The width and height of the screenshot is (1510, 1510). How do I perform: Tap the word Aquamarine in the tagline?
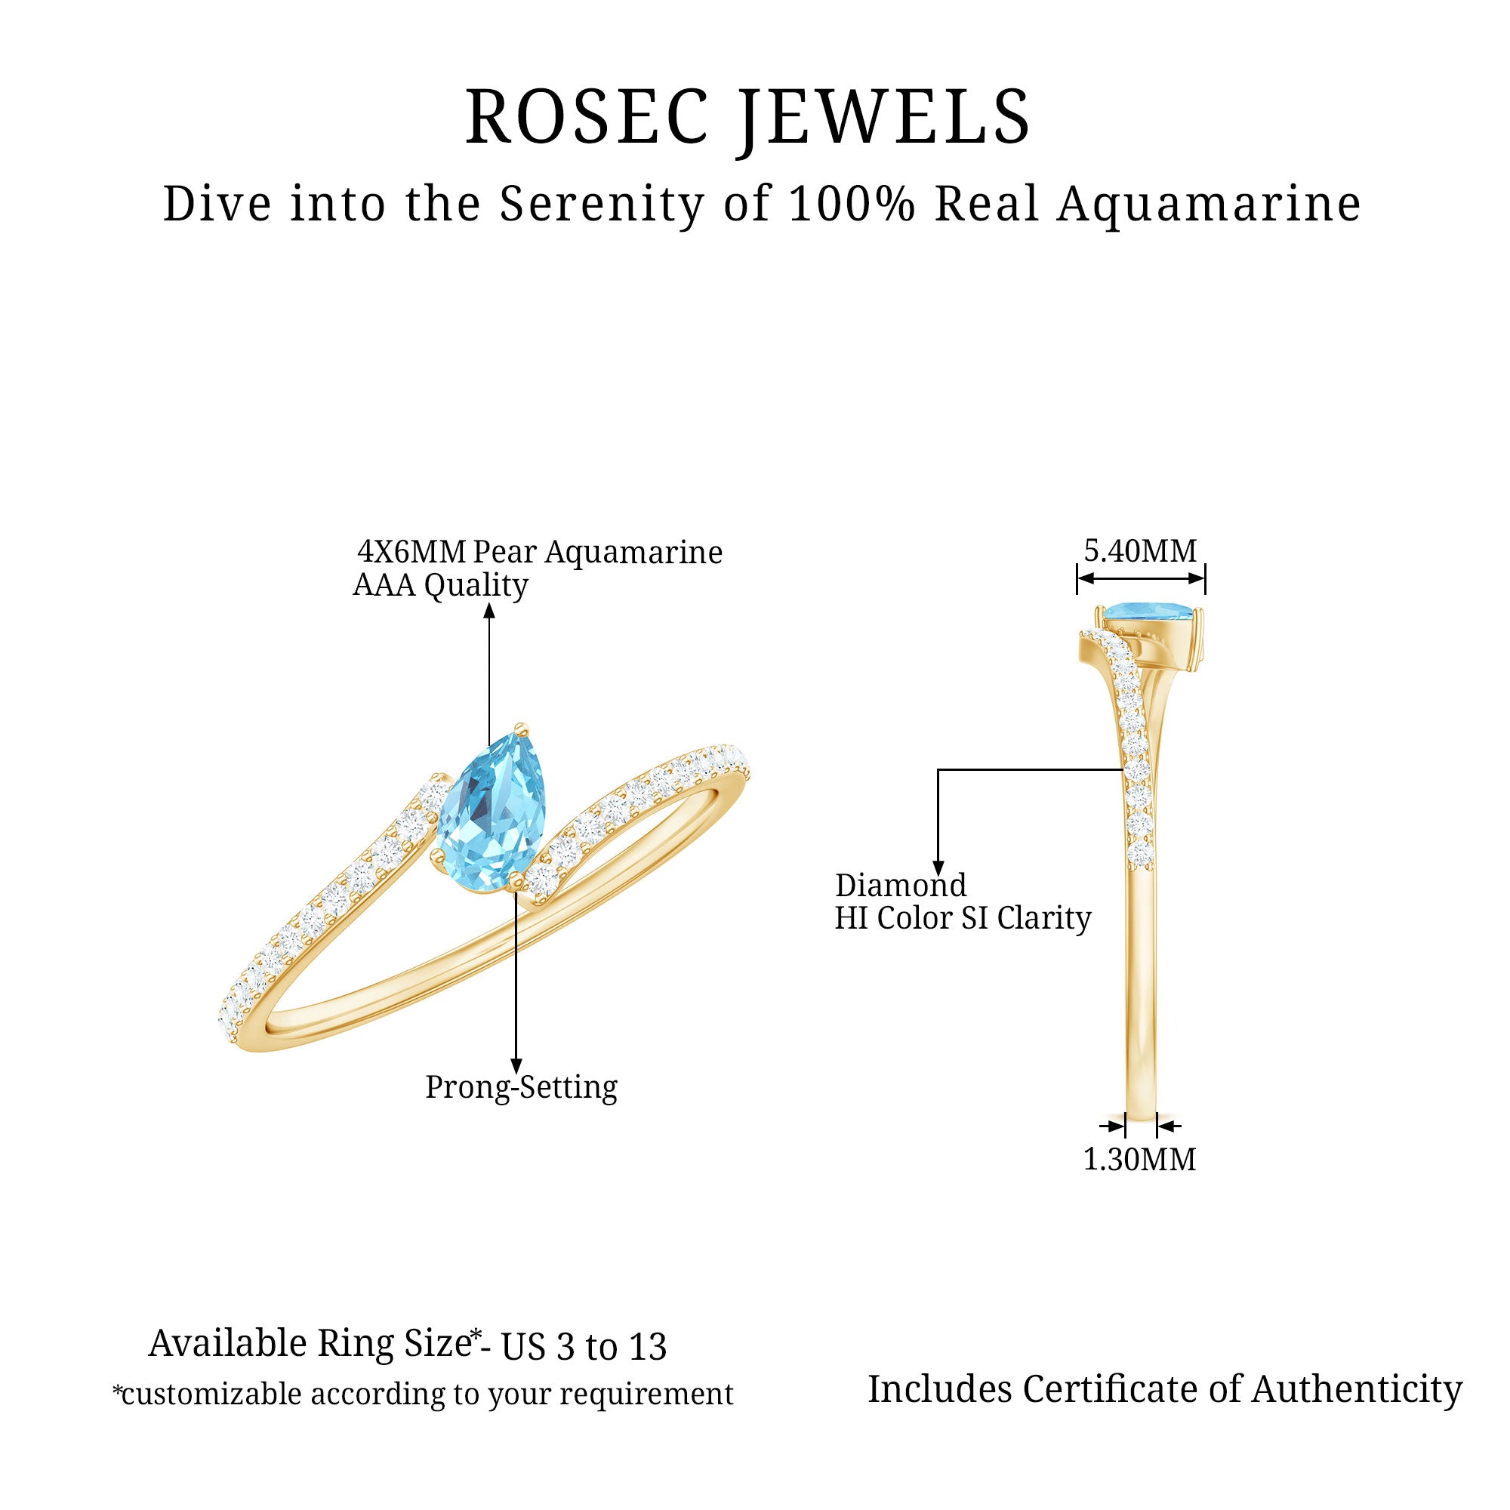point(1208,205)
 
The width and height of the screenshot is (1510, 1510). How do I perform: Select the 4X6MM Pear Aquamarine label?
point(539,553)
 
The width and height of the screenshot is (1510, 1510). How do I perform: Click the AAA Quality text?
point(440,585)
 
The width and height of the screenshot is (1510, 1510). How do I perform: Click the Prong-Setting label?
point(520,1087)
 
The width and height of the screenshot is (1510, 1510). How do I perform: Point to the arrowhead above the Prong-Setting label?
point(516,1066)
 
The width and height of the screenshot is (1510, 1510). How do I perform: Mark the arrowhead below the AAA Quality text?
point(489,610)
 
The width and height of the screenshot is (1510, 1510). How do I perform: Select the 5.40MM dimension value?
point(1139,551)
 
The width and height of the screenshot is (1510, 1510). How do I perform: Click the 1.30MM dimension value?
point(1139,1159)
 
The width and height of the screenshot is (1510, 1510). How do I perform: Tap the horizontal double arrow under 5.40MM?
point(1140,578)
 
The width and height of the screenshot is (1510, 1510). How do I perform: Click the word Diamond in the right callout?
point(901,886)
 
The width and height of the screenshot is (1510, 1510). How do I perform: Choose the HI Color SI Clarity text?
point(962,918)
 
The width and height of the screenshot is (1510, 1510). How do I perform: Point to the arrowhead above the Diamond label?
point(938,867)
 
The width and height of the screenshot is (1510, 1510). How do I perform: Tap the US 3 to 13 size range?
point(584,1347)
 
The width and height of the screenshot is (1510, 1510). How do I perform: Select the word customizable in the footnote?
point(211,1394)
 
